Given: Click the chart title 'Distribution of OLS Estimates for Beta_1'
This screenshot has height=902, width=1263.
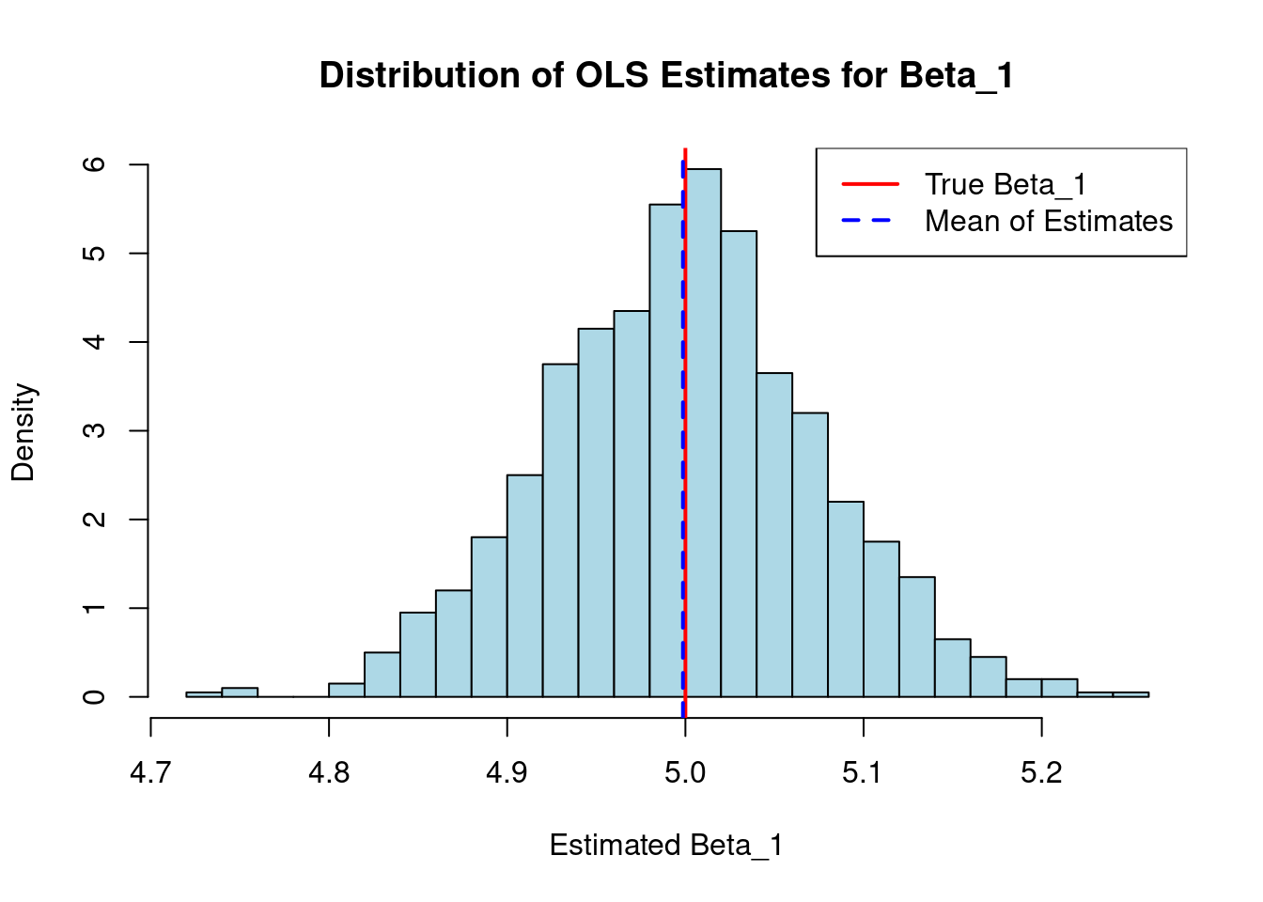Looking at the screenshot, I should [666, 75].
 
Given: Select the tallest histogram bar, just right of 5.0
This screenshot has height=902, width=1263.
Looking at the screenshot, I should [704, 432].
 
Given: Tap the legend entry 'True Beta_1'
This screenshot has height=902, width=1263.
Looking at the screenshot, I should [1005, 184].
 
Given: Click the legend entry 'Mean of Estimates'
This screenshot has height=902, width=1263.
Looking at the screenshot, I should [1048, 221].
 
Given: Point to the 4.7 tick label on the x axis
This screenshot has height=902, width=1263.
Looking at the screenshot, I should [150, 772].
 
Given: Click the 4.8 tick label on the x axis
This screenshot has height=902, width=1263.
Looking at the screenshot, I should [329, 772].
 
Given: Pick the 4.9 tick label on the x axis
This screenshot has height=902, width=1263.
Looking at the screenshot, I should [507, 772].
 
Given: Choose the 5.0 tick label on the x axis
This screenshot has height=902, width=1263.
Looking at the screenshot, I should [685, 772].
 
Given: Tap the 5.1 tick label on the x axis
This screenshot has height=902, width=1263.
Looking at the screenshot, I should [863, 772].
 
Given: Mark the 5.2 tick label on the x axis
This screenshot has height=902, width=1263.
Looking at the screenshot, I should [1041, 772].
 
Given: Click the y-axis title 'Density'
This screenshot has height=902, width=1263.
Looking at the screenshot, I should [23, 432].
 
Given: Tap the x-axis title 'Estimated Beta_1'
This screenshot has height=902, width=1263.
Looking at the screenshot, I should [665, 846].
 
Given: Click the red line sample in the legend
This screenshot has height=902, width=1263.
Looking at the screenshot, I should [870, 184].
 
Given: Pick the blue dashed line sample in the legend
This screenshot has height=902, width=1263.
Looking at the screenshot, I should [870, 221].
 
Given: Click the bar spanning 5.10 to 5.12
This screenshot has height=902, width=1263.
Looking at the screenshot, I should [881, 619].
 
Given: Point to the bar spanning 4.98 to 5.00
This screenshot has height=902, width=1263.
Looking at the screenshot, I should [666, 451].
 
